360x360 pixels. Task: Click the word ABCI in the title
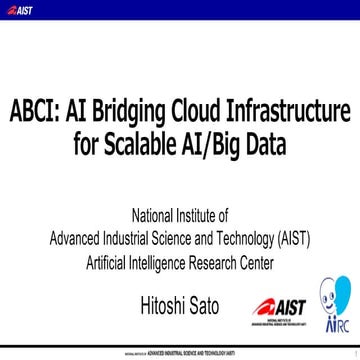pos(36,108)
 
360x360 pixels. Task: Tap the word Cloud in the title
pos(203,108)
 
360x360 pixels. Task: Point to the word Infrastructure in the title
pos(297,108)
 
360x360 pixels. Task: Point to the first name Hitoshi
pos(167,302)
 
